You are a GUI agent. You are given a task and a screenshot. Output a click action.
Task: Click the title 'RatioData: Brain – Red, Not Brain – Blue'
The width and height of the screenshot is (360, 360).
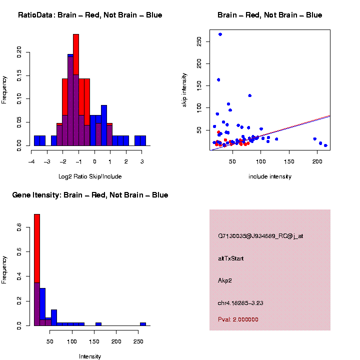[90, 15]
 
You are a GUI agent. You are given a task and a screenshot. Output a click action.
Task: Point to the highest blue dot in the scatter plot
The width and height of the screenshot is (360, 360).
[220, 34]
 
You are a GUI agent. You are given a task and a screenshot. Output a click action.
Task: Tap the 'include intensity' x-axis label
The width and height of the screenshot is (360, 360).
[269, 176]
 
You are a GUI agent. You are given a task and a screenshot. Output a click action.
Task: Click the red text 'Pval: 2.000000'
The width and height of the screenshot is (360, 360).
[238, 319]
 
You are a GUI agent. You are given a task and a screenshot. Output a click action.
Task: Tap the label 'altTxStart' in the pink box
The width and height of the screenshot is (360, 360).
[230, 258]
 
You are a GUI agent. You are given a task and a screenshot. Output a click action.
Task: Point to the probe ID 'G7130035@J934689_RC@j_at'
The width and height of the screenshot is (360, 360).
[260, 236]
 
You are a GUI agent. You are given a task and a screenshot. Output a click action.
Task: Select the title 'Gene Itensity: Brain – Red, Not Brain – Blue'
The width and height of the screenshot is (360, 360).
[90, 195]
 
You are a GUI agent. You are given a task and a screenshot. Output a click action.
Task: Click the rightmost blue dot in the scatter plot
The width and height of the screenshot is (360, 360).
[325, 145]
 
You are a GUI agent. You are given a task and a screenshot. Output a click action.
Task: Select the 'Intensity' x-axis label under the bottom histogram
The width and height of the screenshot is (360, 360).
[90, 356]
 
